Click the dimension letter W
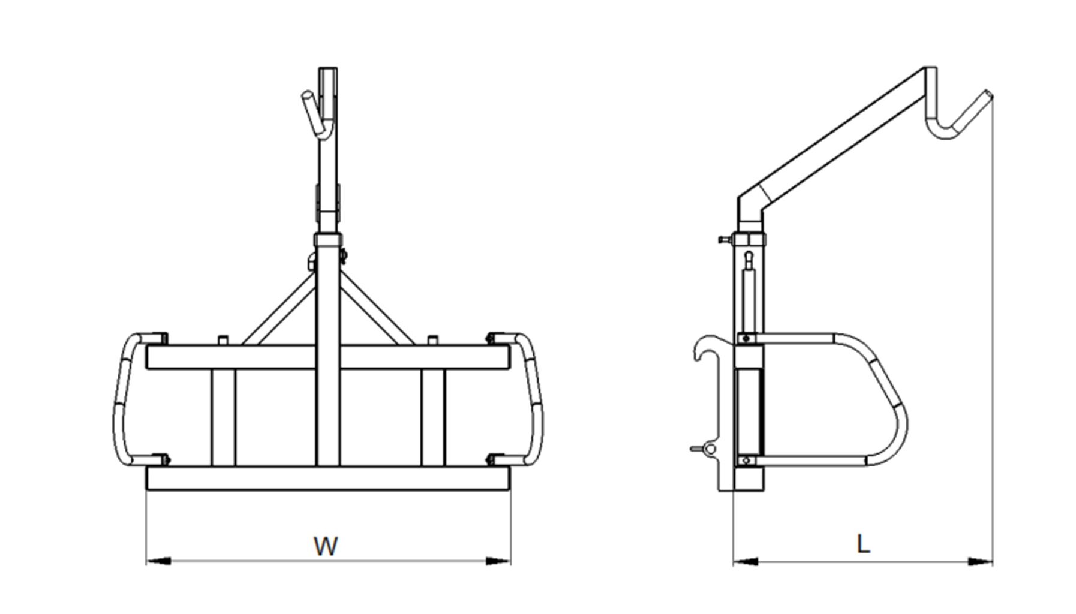(x=326, y=546)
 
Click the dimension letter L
(x=862, y=544)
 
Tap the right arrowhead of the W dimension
(x=498, y=561)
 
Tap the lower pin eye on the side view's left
(x=711, y=449)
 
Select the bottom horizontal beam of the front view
(x=327, y=478)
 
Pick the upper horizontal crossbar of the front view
(x=327, y=357)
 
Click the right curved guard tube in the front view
(x=535, y=399)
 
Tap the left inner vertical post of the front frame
(x=223, y=417)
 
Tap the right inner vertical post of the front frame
(x=433, y=417)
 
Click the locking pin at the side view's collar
(x=723, y=239)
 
